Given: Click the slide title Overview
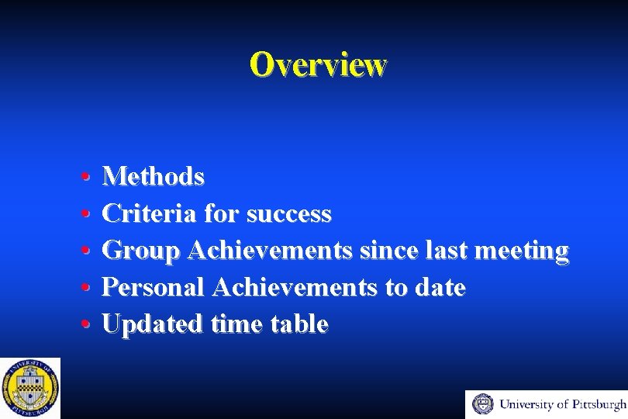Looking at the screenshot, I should (317, 64).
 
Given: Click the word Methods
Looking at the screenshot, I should (154, 177).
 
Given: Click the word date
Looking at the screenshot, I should (439, 288).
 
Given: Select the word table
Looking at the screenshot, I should (299, 324).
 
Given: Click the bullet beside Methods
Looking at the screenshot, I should (83, 178).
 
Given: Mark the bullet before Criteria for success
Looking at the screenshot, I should (83, 214).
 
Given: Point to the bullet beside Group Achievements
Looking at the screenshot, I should (83, 251).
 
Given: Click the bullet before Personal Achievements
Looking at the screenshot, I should (83, 289).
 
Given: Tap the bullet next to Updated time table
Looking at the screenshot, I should (83, 325).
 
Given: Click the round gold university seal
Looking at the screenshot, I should (30, 388).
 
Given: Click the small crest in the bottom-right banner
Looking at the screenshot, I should (483, 404).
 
